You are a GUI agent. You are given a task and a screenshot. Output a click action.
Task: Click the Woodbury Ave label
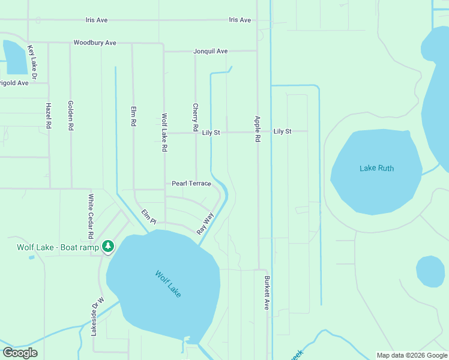94,43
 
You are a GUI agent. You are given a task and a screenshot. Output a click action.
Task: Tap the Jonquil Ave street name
210,52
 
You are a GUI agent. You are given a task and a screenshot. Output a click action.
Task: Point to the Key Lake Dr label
32,62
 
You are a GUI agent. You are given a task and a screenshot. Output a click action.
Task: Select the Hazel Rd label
49,116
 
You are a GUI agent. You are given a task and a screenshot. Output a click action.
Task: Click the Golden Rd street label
70,116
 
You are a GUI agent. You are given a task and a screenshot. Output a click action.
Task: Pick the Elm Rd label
133,116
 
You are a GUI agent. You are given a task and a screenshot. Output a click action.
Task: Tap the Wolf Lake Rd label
164,133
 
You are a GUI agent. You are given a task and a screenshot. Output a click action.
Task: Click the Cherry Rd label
195,118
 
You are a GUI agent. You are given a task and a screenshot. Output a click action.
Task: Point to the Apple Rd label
258,128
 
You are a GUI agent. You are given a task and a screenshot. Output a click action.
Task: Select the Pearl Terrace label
191,184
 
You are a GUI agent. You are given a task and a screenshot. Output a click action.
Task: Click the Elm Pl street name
148,217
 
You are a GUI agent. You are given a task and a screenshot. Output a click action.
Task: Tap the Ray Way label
205,224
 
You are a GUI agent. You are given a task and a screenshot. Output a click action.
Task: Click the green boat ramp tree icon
108,246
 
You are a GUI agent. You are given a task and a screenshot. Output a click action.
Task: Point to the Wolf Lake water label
168,284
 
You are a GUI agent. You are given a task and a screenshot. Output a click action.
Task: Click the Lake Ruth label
376,169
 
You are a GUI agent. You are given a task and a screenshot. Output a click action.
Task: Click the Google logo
20,353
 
